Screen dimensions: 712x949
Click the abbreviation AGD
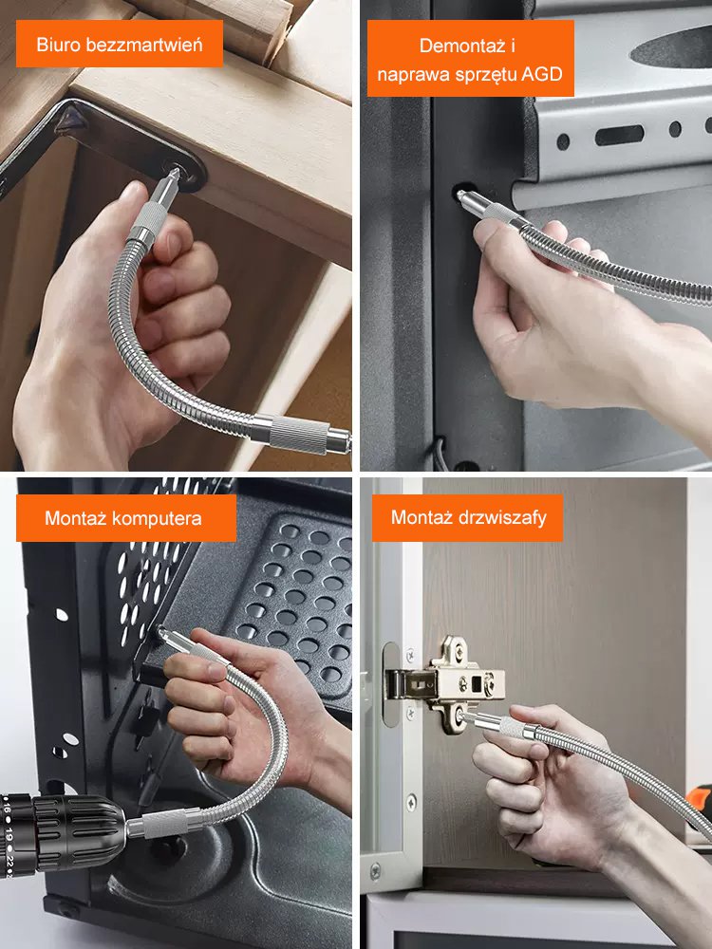pos(542,74)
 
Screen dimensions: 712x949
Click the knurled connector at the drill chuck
pos(161,825)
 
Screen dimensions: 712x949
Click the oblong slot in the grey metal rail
pos(619,135)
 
